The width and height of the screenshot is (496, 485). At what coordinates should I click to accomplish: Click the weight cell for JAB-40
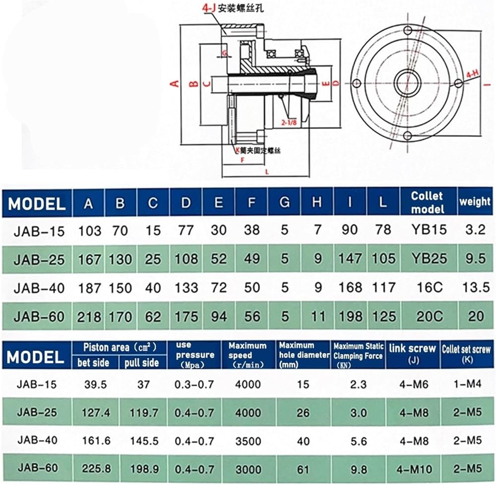pyautogui.click(x=475, y=287)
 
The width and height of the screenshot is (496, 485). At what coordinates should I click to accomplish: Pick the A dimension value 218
pyautogui.click(x=89, y=316)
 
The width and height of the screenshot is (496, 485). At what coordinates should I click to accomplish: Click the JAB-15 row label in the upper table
pyautogui.click(x=39, y=230)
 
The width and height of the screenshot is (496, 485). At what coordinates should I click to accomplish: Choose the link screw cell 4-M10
pyautogui.click(x=412, y=468)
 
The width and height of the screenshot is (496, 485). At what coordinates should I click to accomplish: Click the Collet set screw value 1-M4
pyautogui.click(x=467, y=384)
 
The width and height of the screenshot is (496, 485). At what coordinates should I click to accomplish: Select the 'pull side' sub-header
pyautogui.click(x=142, y=363)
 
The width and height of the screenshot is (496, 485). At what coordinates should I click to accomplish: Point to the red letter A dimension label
pyautogui.click(x=174, y=83)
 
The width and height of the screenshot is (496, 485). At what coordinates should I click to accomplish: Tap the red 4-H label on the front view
pyautogui.click(x=472, y=74)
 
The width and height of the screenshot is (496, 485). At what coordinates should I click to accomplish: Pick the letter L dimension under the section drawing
pyautogui.click(x=267, y=170)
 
